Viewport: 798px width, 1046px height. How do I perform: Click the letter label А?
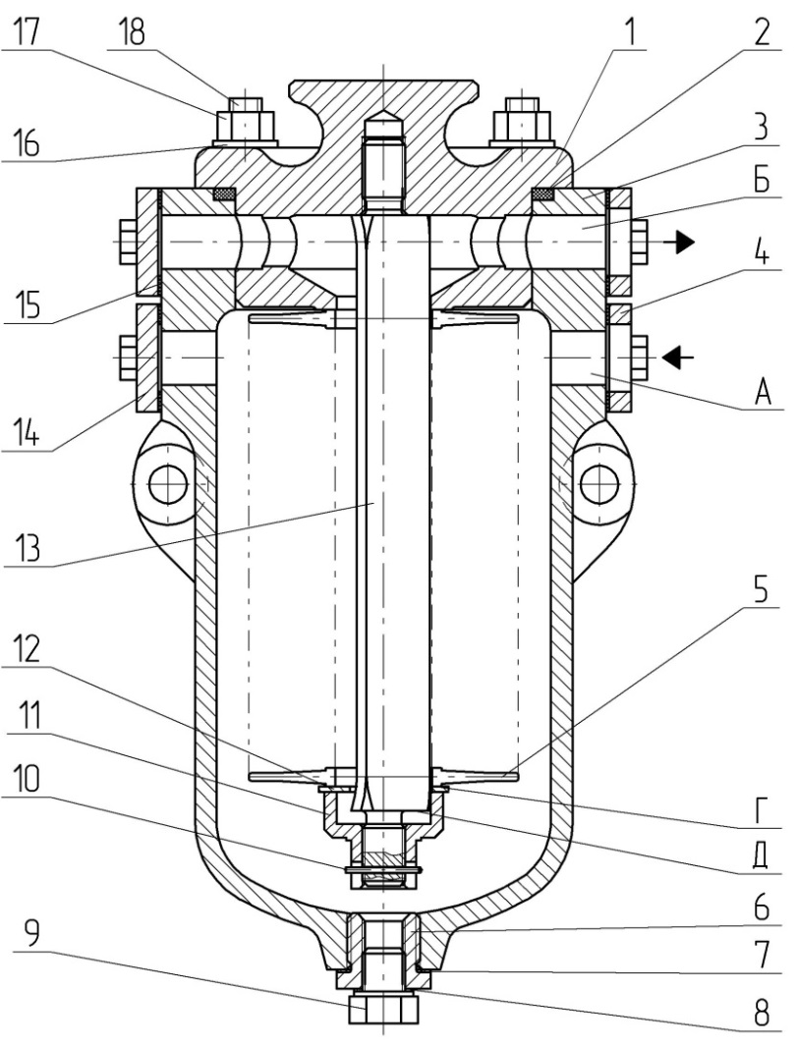[x=763, y=394]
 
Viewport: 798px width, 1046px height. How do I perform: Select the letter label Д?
[x=761, y=857]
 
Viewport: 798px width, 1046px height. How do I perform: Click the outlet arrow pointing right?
[x=680, y=243]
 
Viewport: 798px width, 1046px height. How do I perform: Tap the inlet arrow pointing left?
[x=677, y=358]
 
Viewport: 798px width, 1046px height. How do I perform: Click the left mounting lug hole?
[x=166, y=485]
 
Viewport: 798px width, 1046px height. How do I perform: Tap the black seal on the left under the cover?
[x=224, y=193]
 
